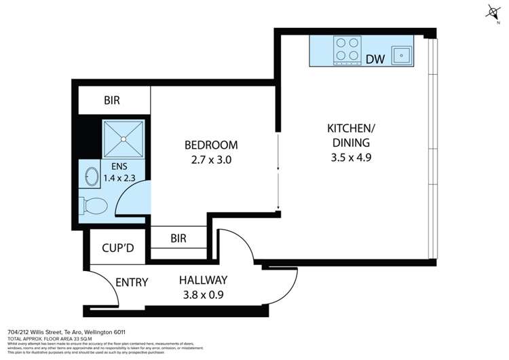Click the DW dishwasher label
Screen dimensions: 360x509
(375, 59)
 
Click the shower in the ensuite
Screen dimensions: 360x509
(124, 139)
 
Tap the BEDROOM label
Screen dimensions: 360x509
(211, 145)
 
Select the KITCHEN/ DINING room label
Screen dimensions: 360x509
(350, 135)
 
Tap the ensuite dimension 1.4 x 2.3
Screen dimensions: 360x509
(119, 179)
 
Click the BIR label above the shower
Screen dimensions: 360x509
(112, 101)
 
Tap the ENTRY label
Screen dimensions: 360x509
(132, 283)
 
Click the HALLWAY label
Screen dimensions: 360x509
(202, 280)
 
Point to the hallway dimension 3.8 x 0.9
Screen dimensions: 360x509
(202, 295)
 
